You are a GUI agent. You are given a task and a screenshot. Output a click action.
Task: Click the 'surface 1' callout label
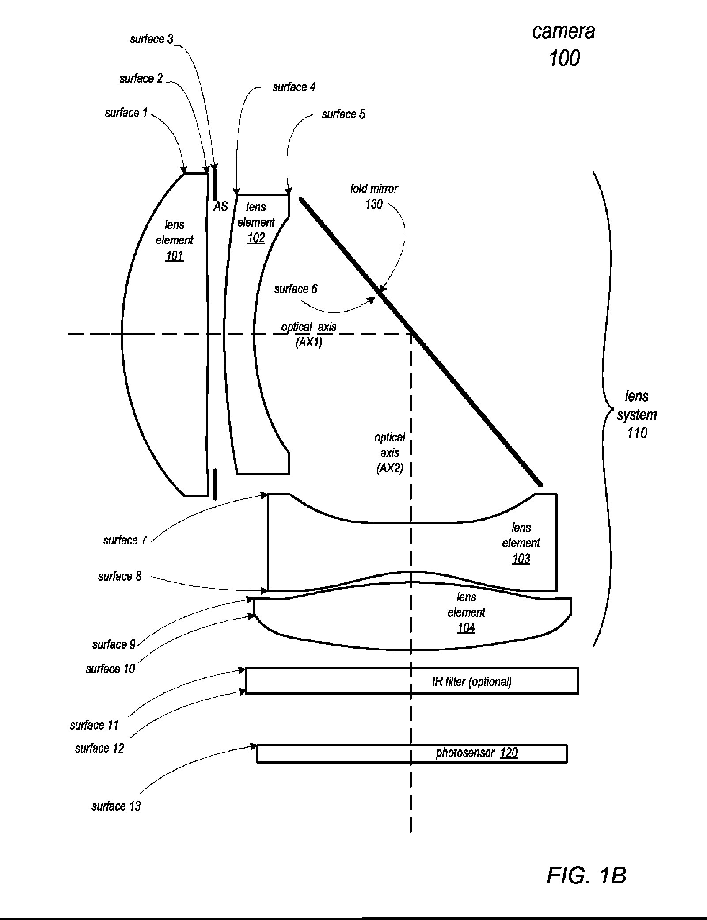click(126, 113)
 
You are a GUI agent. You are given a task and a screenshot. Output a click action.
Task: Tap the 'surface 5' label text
click(343, 114)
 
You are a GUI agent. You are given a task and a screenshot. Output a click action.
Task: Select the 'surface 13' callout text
click(116, 806)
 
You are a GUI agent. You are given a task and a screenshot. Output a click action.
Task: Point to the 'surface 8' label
click(120, 576)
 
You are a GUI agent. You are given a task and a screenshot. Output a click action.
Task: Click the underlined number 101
click(174, 256)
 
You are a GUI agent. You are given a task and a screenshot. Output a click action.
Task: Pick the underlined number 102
click(256, 238)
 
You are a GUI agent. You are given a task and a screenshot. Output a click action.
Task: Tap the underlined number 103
click(521, 559)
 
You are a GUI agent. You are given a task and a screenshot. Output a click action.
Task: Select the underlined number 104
click(466, 628)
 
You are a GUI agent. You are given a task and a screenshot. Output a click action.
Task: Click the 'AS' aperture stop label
click(220, 206)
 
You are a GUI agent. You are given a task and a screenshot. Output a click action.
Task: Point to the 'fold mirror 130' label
click(374, 196)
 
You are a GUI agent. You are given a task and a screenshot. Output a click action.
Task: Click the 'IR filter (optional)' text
click(472, 681)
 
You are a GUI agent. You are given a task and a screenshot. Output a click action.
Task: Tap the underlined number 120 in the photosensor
click(509, 753)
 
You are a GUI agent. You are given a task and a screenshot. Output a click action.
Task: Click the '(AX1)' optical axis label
click(309, 342)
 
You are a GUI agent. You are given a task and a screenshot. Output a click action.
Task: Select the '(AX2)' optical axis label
click(390, 468)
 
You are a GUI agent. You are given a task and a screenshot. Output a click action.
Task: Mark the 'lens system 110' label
click(637, 414)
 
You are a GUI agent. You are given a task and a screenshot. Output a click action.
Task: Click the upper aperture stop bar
click(215, 183)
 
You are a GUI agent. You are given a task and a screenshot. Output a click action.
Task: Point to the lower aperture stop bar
click(215, 484)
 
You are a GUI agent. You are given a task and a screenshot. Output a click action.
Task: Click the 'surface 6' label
click(296, 289)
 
